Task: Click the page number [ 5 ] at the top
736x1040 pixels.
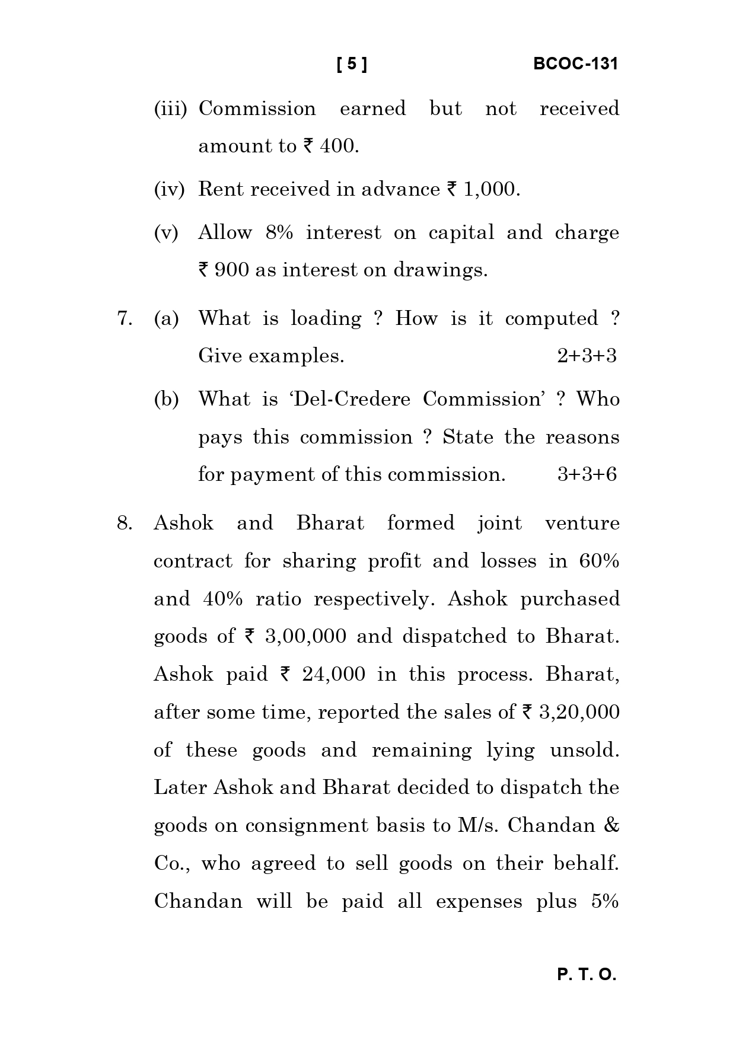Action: click(352, 64)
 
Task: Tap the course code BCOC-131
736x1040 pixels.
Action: click(575, 64)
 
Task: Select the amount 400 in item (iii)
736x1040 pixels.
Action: click(339, 146)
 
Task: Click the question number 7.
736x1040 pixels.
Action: click(124, 319)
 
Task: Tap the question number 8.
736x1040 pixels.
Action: click(124, 524)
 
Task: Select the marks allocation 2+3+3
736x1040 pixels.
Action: click(587, 356)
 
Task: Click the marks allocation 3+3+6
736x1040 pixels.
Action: click(587, 474)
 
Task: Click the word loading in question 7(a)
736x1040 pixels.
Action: click(326, 319)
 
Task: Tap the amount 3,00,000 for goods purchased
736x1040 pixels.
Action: click(305, 637)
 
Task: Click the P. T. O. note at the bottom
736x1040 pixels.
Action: click(587, 975)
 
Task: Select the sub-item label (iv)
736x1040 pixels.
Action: click(169, 189)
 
